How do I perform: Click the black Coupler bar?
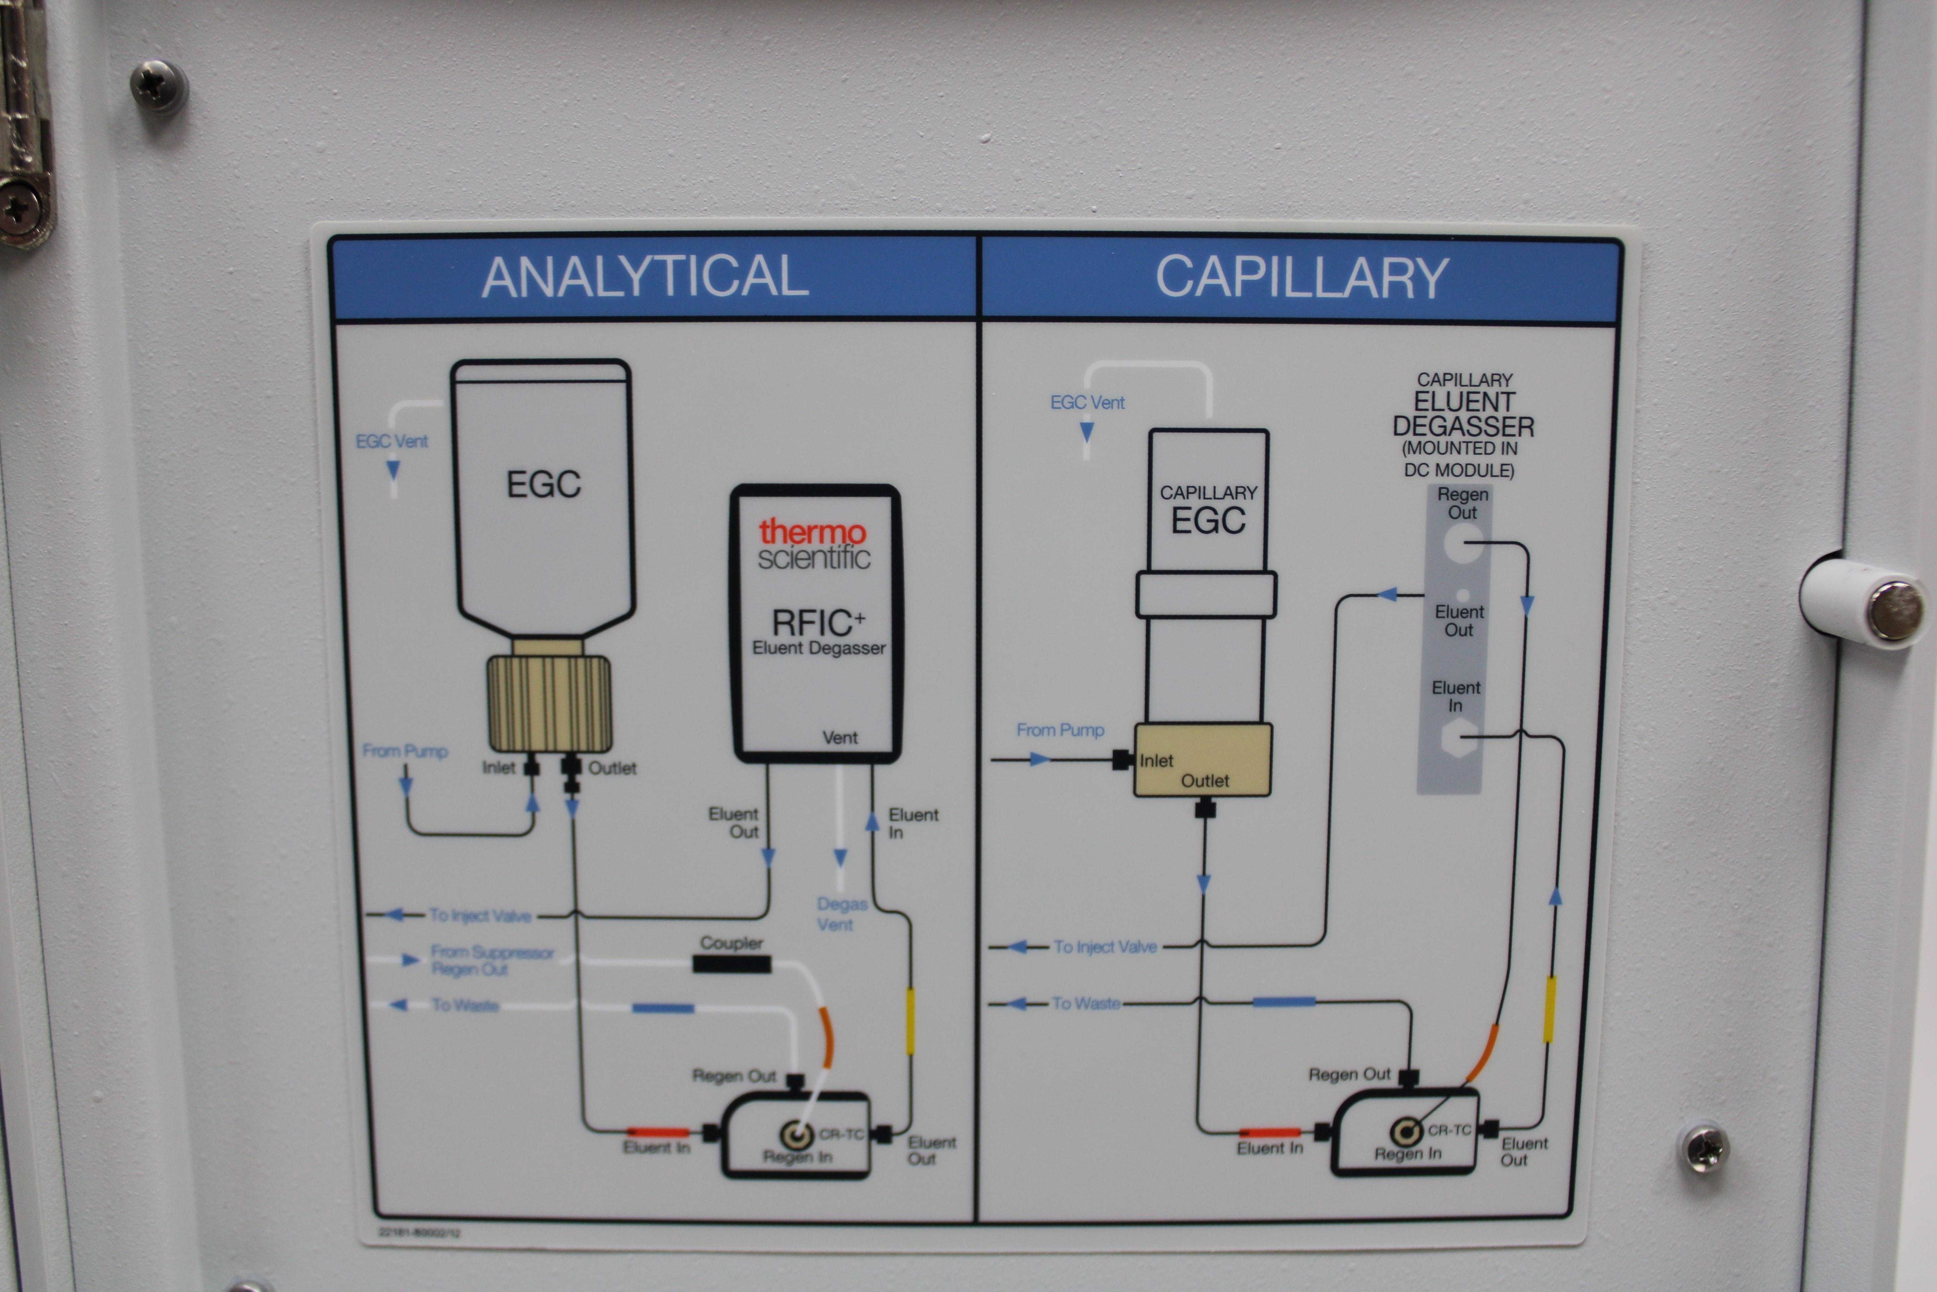pos(731,963)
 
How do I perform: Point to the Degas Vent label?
pos(841,914)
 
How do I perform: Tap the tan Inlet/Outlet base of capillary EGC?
pos(1202,760)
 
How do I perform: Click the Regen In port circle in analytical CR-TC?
pos(796,1135)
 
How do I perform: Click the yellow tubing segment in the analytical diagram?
pos(910,1022)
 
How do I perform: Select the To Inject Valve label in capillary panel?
pos(1105,947)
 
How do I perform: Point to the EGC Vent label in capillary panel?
pos(1087,402)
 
